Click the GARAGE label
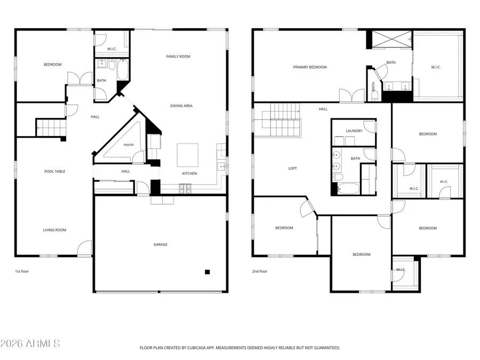click(x=161, y=244)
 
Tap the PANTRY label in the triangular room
click(x=129, y=145)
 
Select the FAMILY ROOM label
click(x=178, y=57)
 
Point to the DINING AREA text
click(x=181, y=106)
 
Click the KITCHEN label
click(x=189, y=173)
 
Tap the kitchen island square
click(x=188, y=155)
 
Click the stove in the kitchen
click(x=185, y=189)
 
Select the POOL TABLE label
click(x=55, y=171)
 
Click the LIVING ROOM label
click(x=54, y=230)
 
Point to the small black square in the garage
click(x=207, y=272)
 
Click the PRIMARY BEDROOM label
click(x=310, y=67)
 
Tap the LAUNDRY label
click(x=354, y=131)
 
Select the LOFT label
click(x=292, y=169)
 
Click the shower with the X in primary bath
click(x=392, y=39)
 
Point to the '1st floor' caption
click(x=22, y=271)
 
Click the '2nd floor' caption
click(x=260, y=271)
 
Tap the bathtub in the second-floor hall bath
click(x=348, y=189)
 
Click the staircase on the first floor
click(x=51, y=127)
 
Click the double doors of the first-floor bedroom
click(x=79, y=78)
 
